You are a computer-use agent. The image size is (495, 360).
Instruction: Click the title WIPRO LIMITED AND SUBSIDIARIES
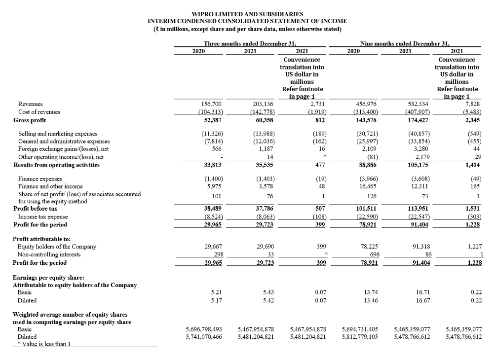[247, 14]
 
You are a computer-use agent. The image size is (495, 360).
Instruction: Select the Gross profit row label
[30, 120]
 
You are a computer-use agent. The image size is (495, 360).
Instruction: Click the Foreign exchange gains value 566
[216, 149]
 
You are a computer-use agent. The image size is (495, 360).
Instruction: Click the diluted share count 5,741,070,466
[204, 337]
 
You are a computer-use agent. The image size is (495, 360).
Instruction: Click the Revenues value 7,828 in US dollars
[473, 104]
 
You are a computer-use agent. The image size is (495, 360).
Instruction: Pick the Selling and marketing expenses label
[58, 134]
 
